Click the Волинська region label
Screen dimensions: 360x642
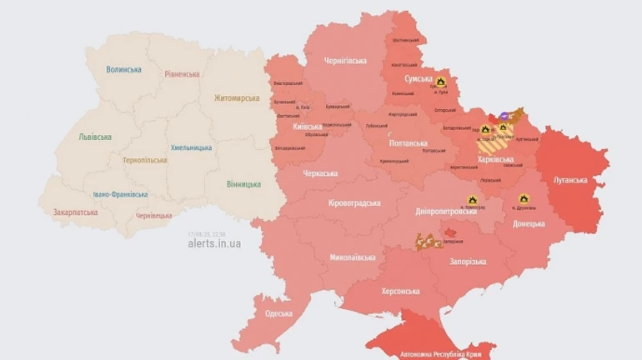click(x=124, y=70)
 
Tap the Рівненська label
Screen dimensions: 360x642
click(x=182, y=74)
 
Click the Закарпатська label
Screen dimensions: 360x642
click(x=74, y=212)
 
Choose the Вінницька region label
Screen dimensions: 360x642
click(x=243, y=184)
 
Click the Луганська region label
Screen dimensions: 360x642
click(x=570, y=180)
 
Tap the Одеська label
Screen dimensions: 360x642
click(x=278, y=313)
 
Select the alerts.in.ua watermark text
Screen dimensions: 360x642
click(x=214, y=243)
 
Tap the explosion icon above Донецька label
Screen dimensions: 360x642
click(x=524, y=199)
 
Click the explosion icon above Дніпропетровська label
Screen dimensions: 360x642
click(x=472, y=200)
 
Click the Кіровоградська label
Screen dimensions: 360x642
click(x=354, y=202)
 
